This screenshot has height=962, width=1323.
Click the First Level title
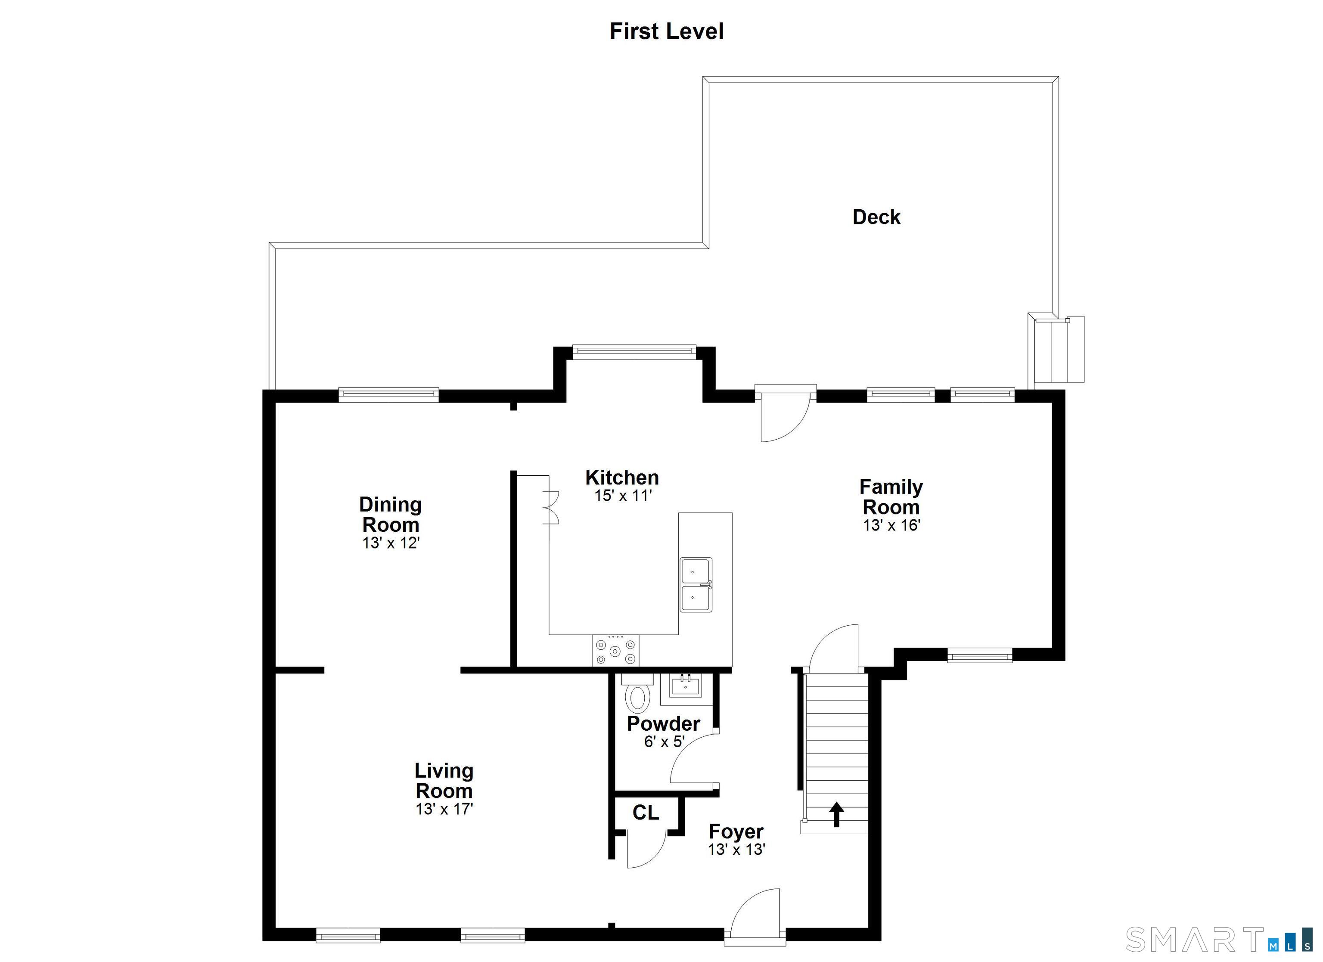click(666, 31)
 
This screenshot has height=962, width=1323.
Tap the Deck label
click(876, 217)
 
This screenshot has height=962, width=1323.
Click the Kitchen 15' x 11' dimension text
click(622, 497)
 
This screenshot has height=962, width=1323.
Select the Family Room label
click(891, 497)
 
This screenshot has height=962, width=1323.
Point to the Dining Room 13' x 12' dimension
click(391, 543)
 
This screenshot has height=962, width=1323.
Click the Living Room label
click(444, 781)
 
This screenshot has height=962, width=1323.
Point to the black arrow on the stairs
click(836, 814)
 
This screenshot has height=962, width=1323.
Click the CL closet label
click(645, 813)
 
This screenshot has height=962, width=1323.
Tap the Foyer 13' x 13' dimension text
click(736, 850)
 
